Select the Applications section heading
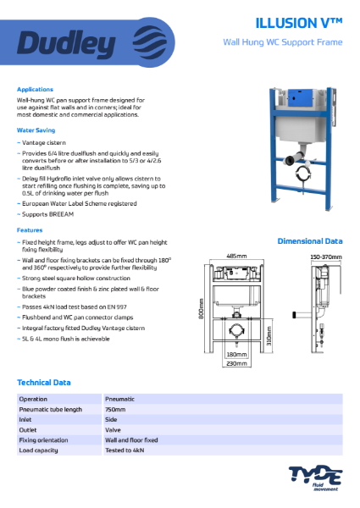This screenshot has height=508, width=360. point(36,89)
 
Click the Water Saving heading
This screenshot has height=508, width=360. point(36,130)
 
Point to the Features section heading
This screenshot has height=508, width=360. point(30,229)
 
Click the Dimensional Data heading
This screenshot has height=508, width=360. point(310,241)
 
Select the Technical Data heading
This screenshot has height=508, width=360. point(45,383)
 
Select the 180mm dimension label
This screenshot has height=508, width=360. point(237,356)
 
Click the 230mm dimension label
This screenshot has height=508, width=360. point(237,364)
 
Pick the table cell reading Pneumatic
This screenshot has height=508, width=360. point(120,398)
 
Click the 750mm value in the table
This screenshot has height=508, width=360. point(115,409)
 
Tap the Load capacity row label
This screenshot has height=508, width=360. point(41,450)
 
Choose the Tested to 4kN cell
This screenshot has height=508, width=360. point(126,450)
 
